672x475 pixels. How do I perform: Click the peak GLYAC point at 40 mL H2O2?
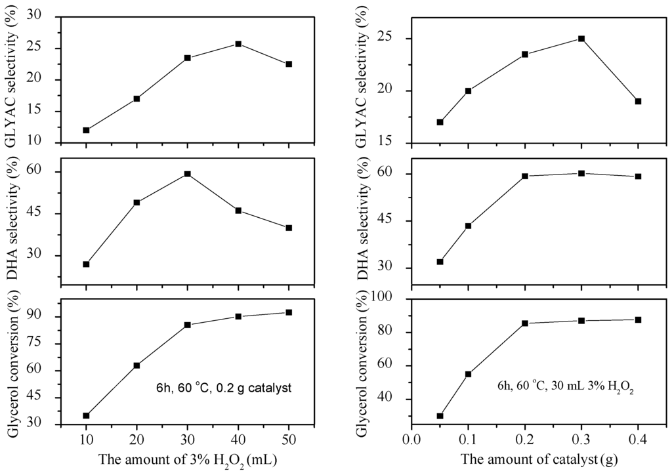click(x=238, y=44)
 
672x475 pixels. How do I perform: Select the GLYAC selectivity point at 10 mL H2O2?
click(x=86, y=130)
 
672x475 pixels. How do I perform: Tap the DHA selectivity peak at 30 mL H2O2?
click(x=188, y=174)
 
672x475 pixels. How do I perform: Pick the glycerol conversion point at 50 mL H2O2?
click(x=289, y=312)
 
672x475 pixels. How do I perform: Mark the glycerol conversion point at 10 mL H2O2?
click(x=86, y=415)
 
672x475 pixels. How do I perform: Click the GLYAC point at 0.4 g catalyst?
click(x=638, y=101)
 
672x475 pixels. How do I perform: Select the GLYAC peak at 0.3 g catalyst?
click(x=581, y=39)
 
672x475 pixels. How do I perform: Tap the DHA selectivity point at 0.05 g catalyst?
click(x=440, y=262)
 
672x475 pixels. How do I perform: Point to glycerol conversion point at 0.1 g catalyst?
click(x=469, y=374)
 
